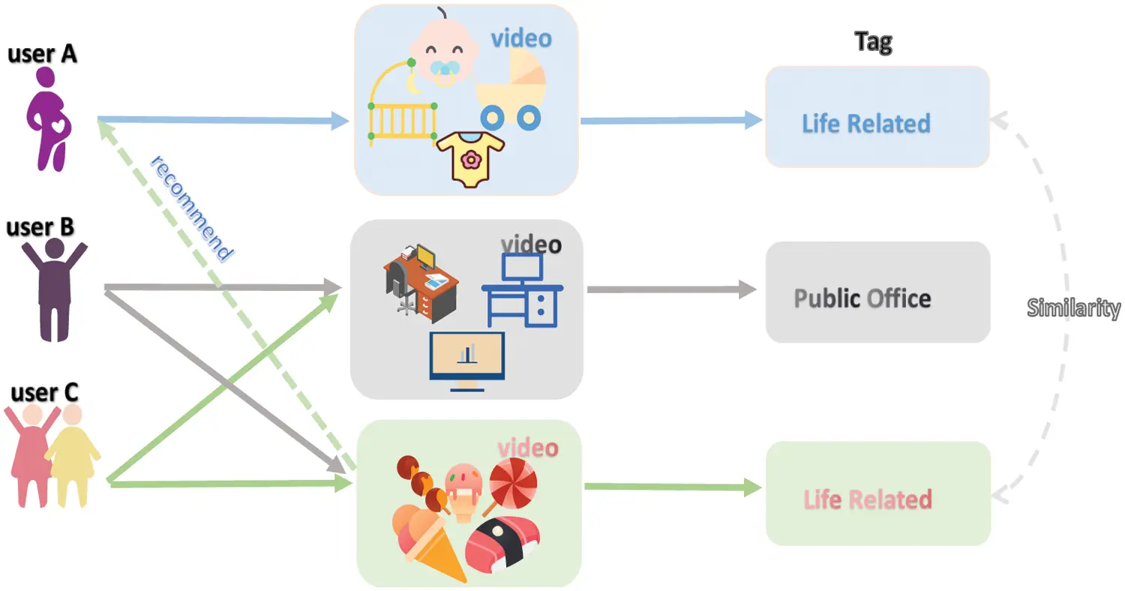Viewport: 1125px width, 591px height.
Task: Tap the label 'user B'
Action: pyautogui.click(x=40, y=227)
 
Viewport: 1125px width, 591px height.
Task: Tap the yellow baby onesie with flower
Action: pyautogui.click(x=470, y=157)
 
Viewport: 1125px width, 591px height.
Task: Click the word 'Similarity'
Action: pyautogui.click(x=1073, y=307)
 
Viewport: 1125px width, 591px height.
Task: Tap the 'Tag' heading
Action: pyautogui.click(x=874, y=42)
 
